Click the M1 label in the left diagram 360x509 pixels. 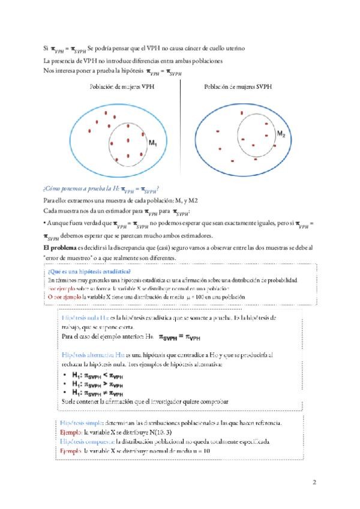[x=152, y=143]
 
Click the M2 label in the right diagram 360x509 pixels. [x=281, y=134]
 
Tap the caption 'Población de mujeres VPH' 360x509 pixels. [x=122, y=87]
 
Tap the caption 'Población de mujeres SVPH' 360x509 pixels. [x=238, y=87]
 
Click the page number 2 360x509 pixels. [x=315, y=482]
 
